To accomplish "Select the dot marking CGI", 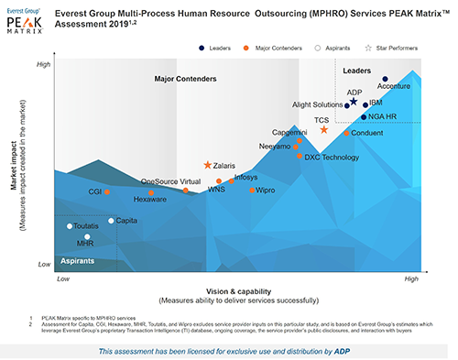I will point(107,191).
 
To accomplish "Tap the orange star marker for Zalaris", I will point(208,166).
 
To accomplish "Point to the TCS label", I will point(322,120).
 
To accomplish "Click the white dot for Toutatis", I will point(70,225).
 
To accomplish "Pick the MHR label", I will point(85,245).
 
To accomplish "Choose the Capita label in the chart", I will point(127,221).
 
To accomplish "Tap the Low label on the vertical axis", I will point(43,264).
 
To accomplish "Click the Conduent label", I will point(367,134).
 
